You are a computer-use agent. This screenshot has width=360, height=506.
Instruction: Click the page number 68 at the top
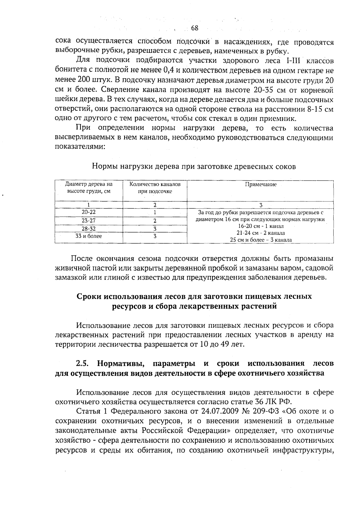(194, 28)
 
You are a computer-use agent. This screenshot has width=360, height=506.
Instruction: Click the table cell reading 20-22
(89, 212)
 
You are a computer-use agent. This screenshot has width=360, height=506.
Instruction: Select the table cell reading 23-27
(89, 221)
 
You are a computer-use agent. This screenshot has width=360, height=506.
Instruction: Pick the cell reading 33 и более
(89, 236)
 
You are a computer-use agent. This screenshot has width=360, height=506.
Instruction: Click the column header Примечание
(261, 185)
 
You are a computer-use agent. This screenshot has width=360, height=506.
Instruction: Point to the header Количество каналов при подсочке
(155, 188)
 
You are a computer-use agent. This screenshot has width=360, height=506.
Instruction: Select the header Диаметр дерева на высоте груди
(89, 188)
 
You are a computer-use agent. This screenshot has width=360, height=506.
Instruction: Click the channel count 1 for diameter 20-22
(155, 212)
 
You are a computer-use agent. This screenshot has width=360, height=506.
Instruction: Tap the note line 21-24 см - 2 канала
(261, 233)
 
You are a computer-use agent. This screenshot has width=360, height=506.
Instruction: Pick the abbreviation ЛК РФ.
(278, 402)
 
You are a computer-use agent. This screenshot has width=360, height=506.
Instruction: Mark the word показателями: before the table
(80, 147)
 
